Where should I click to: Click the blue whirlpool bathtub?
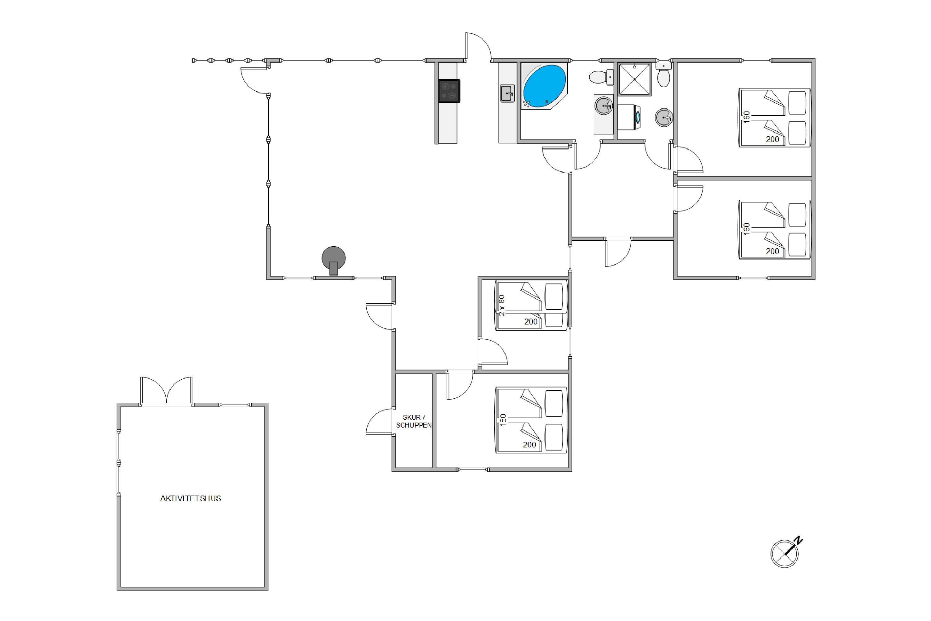pyautogui.click(x=544, y=86)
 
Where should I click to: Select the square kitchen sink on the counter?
pyautogui.click(x=507, y=93)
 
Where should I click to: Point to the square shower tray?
pyautogui.click(x=635, y=79)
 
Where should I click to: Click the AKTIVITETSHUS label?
pyautogui.click(x=191, y=499)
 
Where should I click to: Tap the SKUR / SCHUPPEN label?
pyautogui.click(x=414, y=421)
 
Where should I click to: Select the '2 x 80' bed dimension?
pyautogui.click(x=502, y=305)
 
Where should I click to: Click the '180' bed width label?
pyautogui.click(x=503, y=420)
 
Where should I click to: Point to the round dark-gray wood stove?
pyautogui.click(x=333, y=260)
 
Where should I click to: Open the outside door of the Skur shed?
pyautogui.click(x=380, y=422)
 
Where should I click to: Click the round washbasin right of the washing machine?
pyautogui.click(x=664, y=117)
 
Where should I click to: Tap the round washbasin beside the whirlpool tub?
pyautogui.click(x=604, y=106)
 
